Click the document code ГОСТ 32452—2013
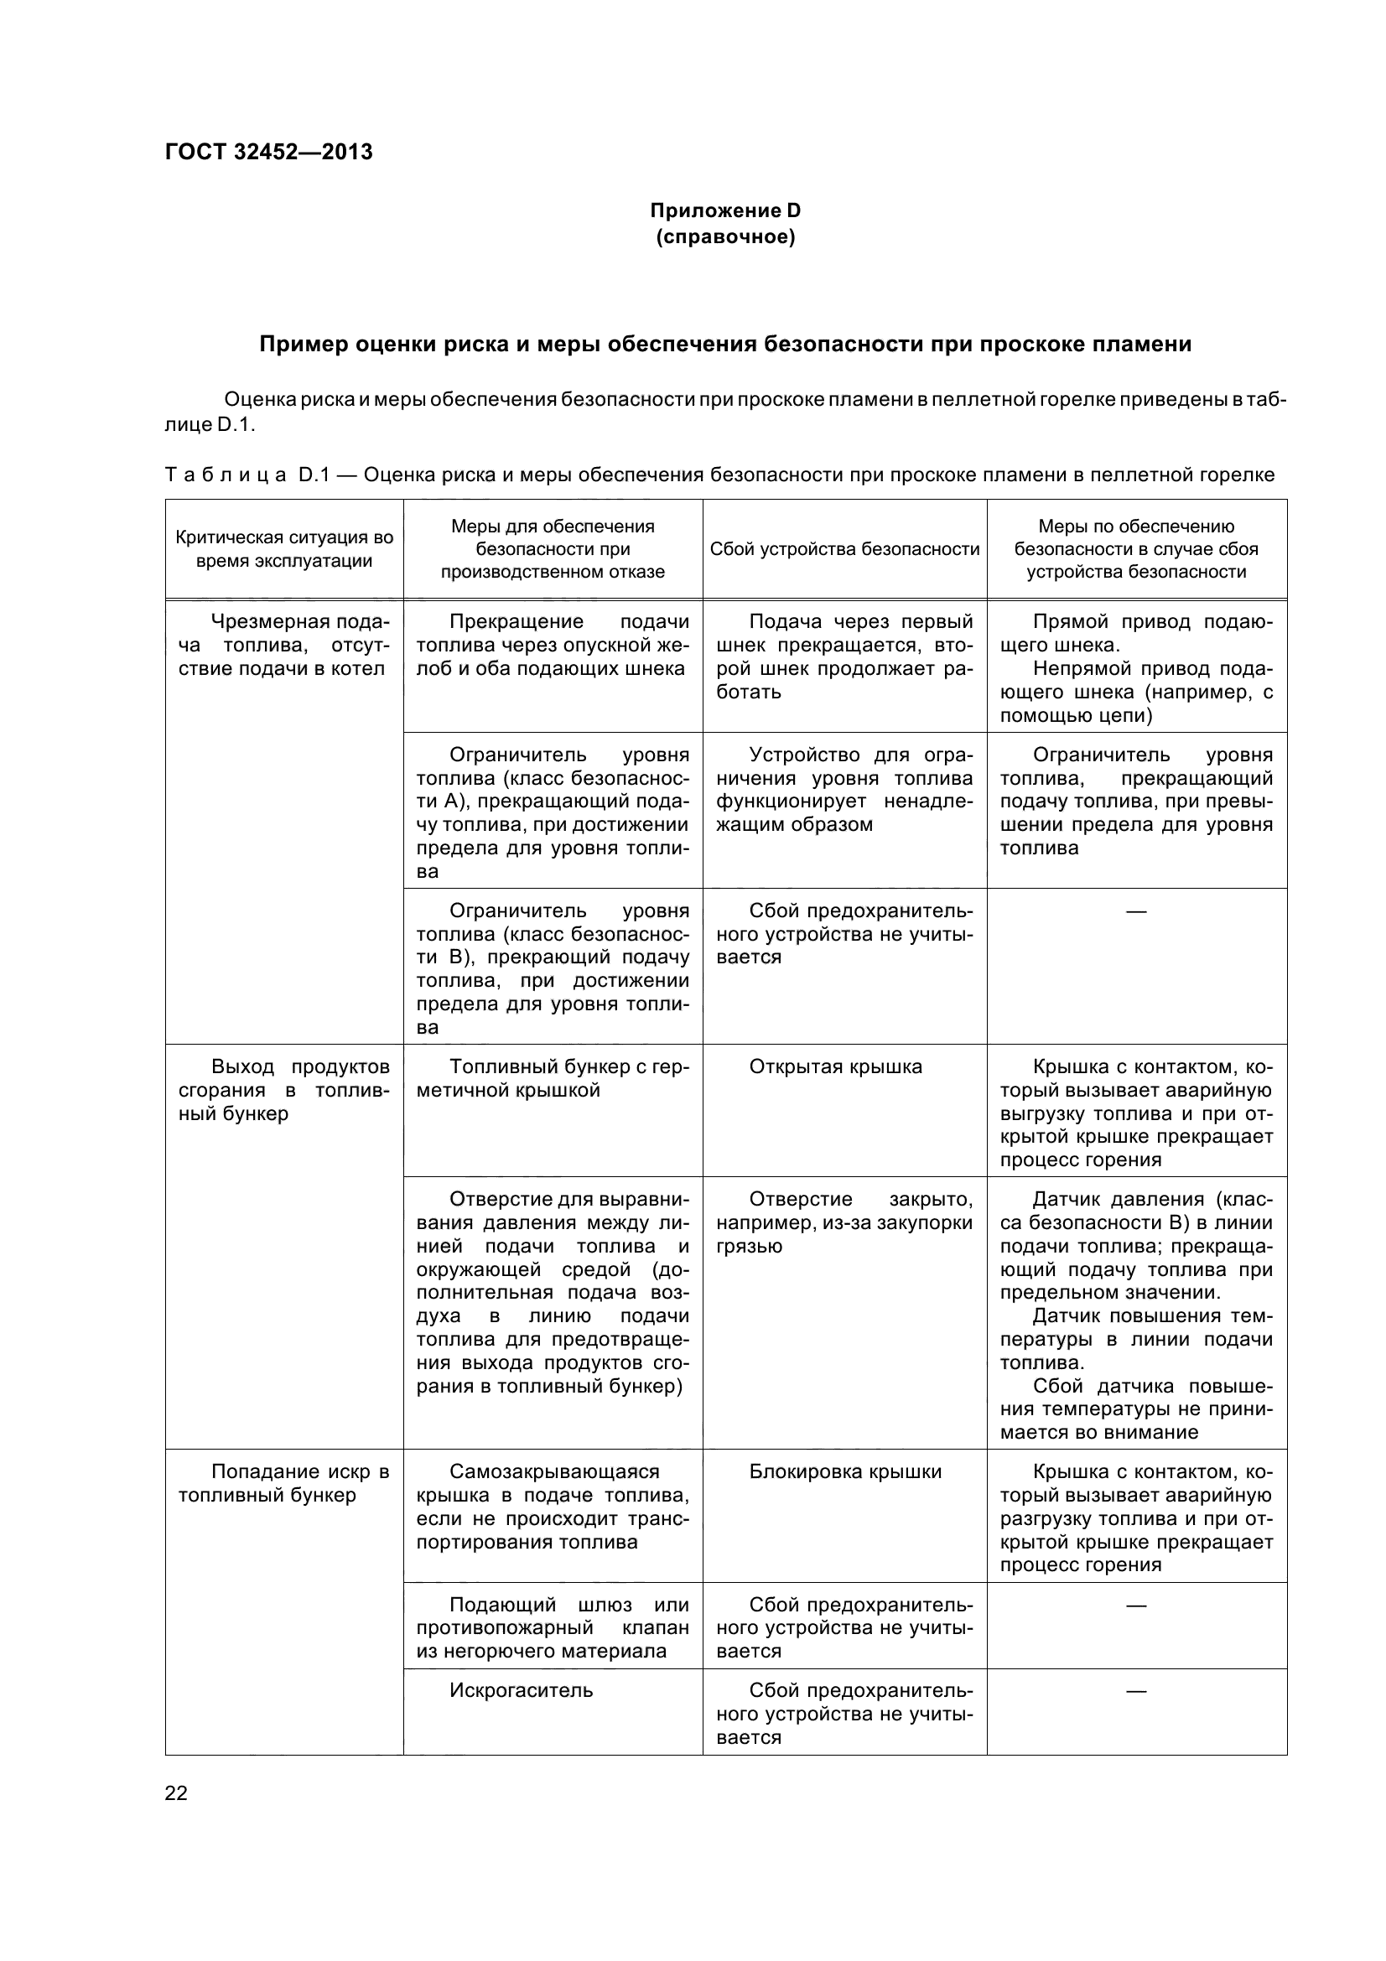[268, 152]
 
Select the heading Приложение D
[725, 210]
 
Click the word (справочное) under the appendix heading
[725, 236]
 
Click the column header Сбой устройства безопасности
[844, 549]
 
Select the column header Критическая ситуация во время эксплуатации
[283, 549]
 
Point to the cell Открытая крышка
[835, 1066]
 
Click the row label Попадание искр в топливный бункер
[283, 1484]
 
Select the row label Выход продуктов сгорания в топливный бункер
[283, 1090]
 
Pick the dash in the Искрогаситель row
[1136, 1690]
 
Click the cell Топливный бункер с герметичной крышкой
[552, 1079]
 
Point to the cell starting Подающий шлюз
[552, 1628]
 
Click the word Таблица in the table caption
[226, 475]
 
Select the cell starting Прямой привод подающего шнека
[1136, 668]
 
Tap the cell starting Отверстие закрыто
[844, 1222]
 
